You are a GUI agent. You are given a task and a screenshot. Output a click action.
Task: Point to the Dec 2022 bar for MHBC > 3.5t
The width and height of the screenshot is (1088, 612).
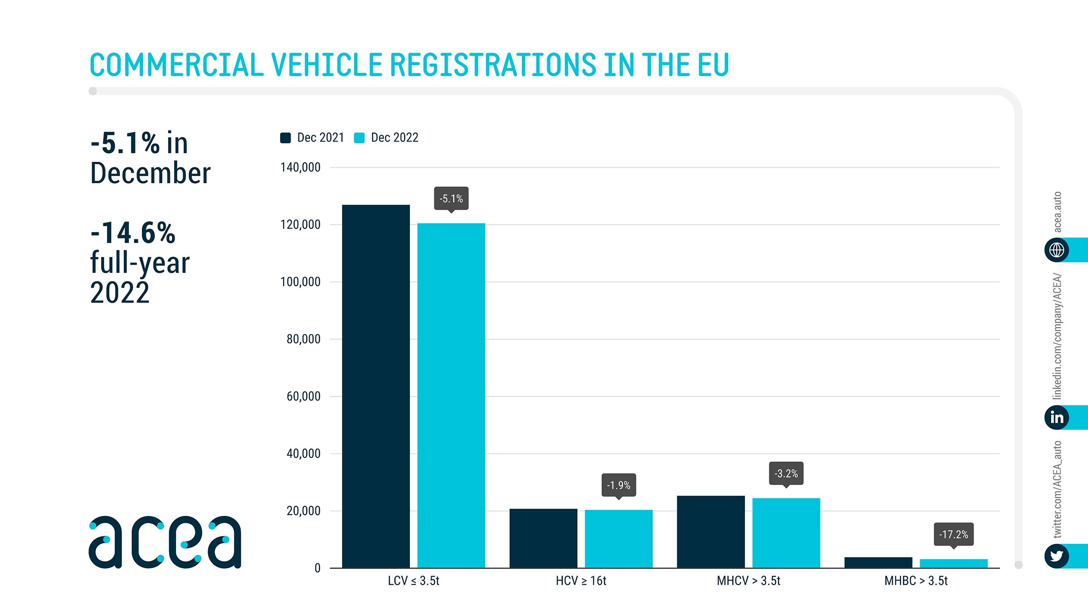click(x=953, y=563)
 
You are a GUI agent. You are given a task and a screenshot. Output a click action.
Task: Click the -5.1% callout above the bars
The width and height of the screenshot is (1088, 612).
click(x=451, y=199)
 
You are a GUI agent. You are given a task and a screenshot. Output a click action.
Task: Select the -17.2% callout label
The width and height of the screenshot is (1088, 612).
click(x=953, y=534)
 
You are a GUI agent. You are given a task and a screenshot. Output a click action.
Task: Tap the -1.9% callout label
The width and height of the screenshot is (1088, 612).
click(x=618, y=485)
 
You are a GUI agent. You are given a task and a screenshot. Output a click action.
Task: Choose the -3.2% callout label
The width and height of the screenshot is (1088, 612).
click(x=786, y=473)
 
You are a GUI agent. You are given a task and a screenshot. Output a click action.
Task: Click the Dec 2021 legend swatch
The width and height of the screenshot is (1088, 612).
click(x=286, y=138)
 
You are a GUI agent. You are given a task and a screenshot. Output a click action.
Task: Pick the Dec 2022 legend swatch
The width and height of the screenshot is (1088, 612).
click(x=359, y=138)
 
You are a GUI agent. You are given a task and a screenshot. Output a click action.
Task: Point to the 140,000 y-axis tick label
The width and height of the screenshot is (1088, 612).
click(x=301, y=167)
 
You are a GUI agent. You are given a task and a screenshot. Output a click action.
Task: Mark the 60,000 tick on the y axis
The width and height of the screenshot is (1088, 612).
click(x=303, y=396)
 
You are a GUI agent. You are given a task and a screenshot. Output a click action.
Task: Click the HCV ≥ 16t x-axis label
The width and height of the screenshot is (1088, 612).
click(x=581, y=581)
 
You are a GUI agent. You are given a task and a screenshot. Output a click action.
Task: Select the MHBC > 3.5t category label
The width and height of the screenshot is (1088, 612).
click(x=916, y=581)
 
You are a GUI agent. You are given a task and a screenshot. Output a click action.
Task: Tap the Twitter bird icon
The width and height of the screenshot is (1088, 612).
click(x=1057, y=556)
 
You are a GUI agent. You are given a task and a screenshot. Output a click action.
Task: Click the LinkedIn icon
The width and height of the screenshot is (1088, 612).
click(x=1057, y=417)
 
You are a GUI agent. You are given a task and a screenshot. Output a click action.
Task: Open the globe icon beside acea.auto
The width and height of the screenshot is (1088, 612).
click(x=1057, y=250)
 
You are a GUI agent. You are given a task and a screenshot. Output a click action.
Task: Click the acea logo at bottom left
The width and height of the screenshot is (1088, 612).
click(x=165, y=542)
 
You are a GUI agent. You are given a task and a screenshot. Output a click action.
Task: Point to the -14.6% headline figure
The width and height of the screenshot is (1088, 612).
click(x=133, y=233)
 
